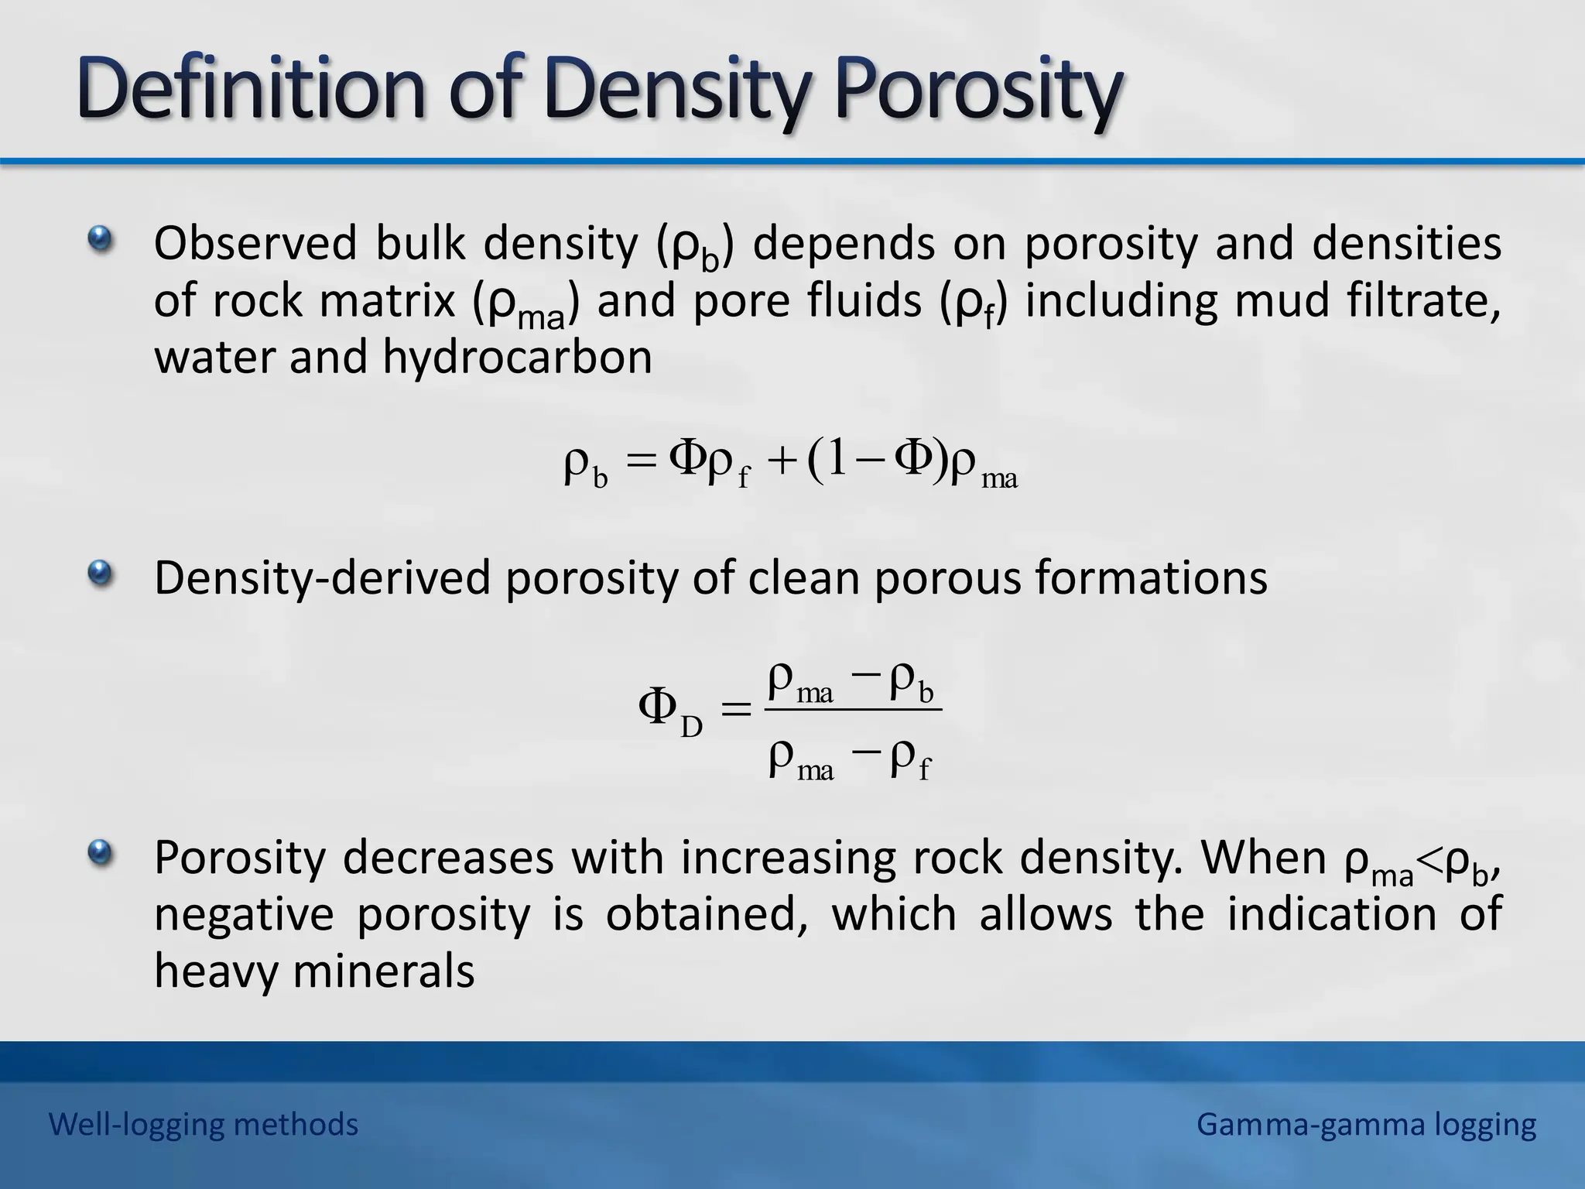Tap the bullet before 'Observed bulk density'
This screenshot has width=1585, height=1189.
(100, 239)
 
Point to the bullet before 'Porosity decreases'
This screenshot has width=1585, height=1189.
(100, 854)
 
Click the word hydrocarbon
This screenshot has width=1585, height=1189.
(517, 358)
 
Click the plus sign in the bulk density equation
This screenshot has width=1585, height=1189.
(782, 462)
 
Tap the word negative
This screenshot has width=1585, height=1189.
(243, 914)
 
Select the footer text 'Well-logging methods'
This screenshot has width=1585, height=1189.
(204, 1124)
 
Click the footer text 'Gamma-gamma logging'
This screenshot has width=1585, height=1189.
(1366, 1124)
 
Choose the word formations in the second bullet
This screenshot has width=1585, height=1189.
(1151, 577)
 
